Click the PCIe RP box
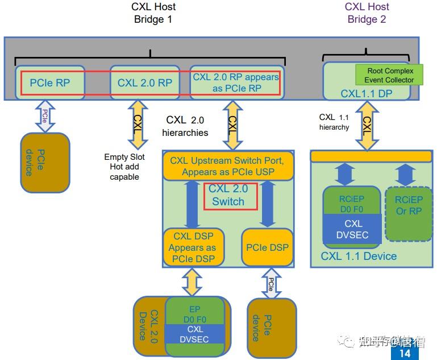(50, 82)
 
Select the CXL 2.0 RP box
(144, 82)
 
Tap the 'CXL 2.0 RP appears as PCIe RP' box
(236, 82)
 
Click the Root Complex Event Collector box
(390, 75)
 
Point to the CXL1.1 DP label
(367, 93)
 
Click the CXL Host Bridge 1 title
(153, 13)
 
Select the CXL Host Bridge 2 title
(367, 13)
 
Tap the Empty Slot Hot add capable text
(124, 167)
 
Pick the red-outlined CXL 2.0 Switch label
(228, 195)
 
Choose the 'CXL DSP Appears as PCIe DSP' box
(192, 247)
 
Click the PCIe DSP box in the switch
(267, 247)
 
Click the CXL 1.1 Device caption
(359, 256)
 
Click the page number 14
(405, 353)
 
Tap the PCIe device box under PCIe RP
(45, 162)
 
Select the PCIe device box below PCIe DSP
(272, 327)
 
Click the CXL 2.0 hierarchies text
(185, 126)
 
